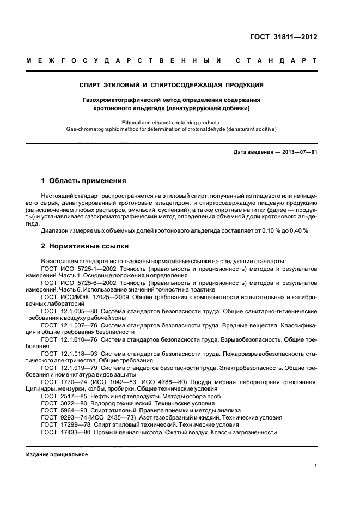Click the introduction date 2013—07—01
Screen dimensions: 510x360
[x=298, y=151]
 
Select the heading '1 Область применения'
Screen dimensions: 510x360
[x=84, y=180]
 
